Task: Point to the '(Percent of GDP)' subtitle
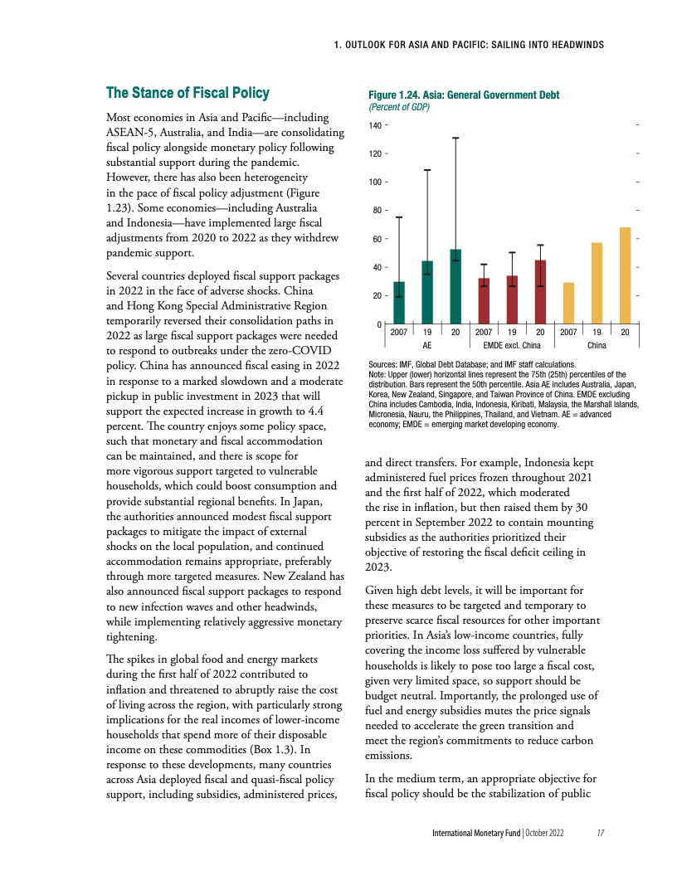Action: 397,107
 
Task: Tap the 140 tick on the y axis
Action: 374,125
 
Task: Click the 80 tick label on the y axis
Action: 376,211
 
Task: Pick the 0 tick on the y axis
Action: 378,324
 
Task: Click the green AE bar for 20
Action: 455,286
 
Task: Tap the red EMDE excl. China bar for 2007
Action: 484,300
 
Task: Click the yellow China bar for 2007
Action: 568,303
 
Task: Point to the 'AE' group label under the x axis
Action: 427,344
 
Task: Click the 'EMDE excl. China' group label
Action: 512,344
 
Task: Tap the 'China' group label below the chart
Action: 597,344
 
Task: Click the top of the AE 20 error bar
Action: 455,138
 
